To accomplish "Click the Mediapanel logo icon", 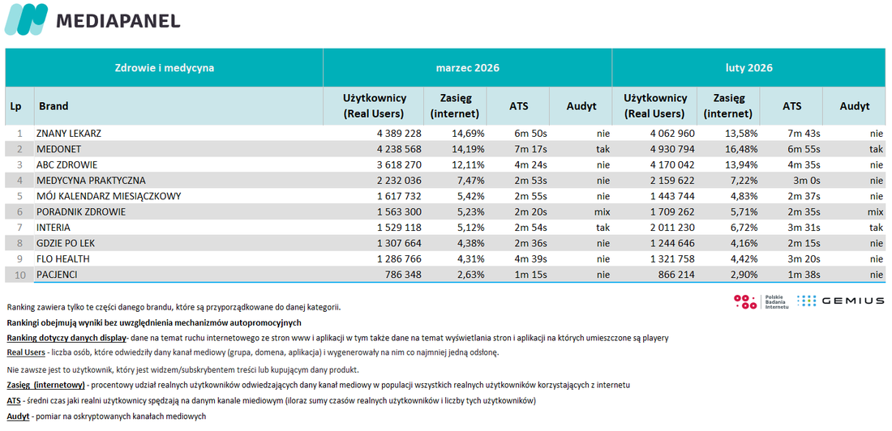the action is (26, 19).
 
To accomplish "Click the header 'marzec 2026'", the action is (468, 68).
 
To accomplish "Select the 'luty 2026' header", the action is (748, 68).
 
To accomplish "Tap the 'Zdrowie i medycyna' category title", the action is (165, 68).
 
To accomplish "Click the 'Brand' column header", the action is (54, 106).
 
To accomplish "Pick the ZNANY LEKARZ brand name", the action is (69, 134).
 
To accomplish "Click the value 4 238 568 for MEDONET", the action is (397, 150).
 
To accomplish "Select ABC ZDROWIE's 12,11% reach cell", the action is (469, 165).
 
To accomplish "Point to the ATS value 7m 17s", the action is (530, 150).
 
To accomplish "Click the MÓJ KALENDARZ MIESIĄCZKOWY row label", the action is (109, 196).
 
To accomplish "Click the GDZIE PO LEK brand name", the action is (66, 243).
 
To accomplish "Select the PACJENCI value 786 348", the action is (402, 275).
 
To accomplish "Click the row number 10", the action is (20, 275).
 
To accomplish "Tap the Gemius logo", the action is (841, 301).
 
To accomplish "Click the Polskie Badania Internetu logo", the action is (761, 301).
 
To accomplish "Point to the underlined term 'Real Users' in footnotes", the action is (26, 352).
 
